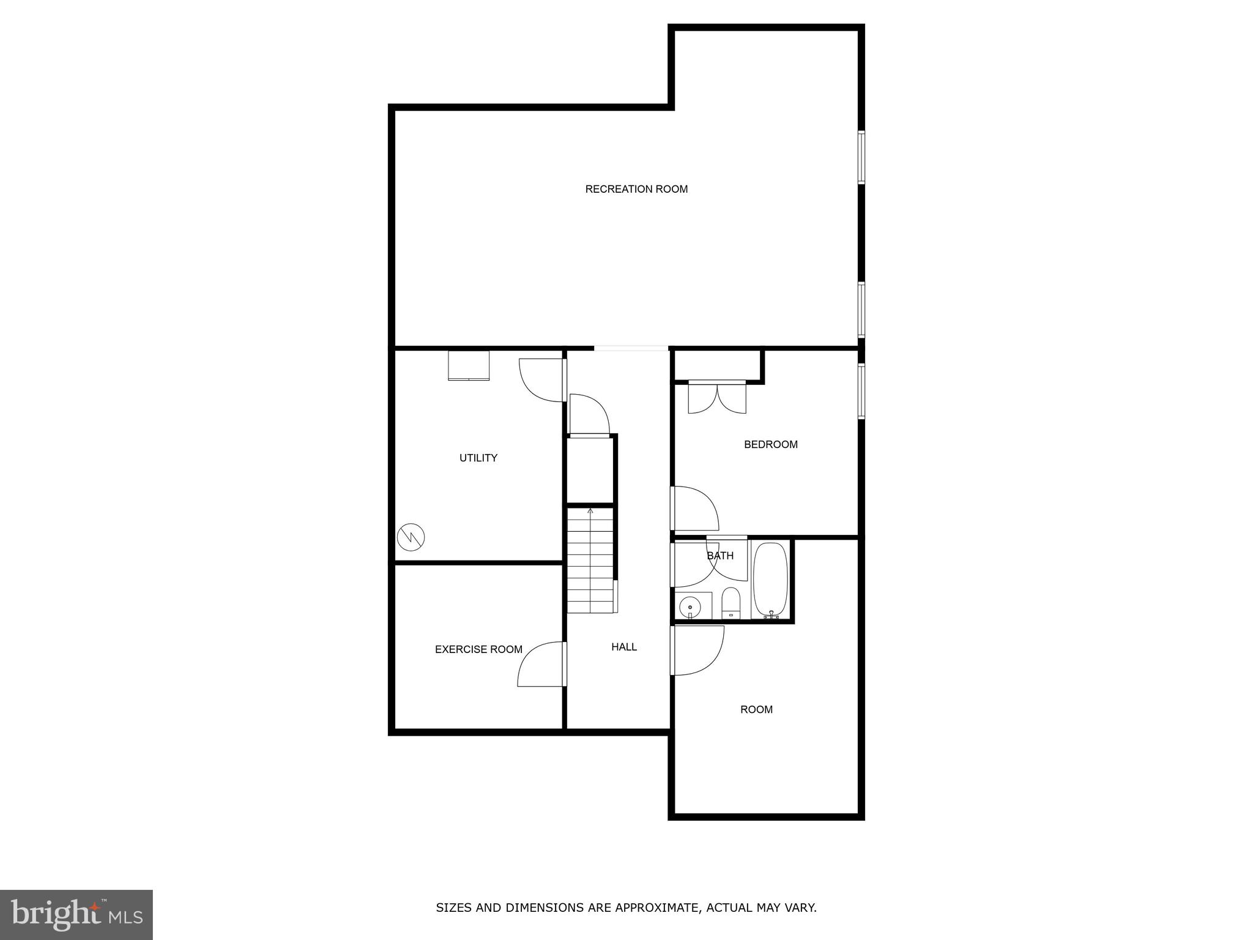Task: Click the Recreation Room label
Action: click(636, 189)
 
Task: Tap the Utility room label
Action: click(478, 458)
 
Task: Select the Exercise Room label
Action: click(478, 649)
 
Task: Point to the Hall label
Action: click(624, 647)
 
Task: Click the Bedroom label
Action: click(770, 444)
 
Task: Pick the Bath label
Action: click(720, 556)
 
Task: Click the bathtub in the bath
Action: click(770, 579)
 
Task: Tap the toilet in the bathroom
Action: click(731, 602)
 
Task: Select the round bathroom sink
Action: click(690, 607)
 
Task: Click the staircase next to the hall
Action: click(590, 560)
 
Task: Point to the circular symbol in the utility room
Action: click(411, 537)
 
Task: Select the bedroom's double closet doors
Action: click(717, 397)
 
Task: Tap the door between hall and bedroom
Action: click(694, 508)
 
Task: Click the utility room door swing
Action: click(541, 379)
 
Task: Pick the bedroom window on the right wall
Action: click(861, 391)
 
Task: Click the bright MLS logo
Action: click(76, 914)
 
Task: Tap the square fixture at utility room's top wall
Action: click(469, 365)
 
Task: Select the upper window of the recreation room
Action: click(861, 157)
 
